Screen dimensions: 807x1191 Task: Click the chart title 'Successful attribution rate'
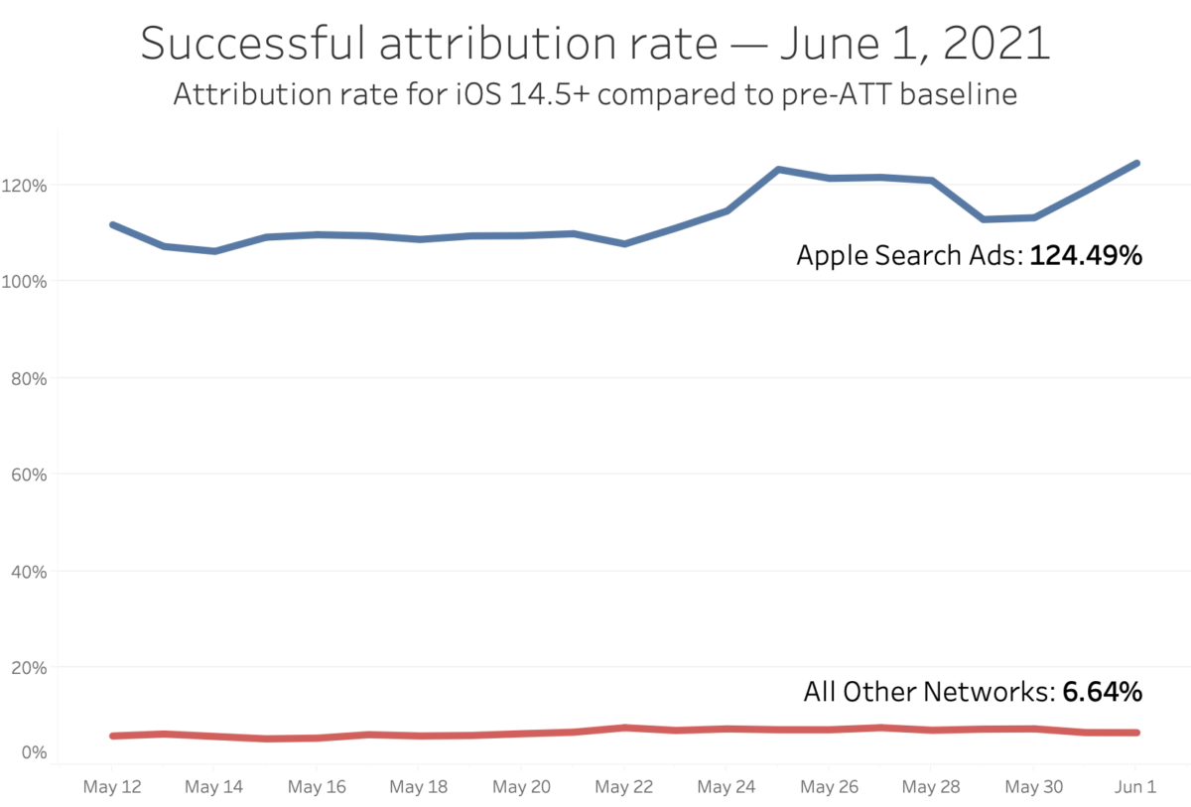[595, 45]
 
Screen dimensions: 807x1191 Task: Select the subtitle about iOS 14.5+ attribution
[595, 95]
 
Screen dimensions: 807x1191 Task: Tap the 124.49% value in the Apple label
[1086, 256]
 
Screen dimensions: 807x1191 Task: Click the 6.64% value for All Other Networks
[1102, 691]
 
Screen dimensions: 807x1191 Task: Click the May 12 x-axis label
[111, 787]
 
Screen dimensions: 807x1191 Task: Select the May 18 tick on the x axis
[420, 787]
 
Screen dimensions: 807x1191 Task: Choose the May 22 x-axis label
[624, 787]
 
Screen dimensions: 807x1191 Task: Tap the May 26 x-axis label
[829, 787]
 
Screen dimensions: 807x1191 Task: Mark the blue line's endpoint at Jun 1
[1136, 163]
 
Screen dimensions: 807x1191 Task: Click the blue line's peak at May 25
[778, 170]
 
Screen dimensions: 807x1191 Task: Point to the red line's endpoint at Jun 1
[1136, 733]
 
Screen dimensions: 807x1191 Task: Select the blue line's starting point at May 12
[112, 224]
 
